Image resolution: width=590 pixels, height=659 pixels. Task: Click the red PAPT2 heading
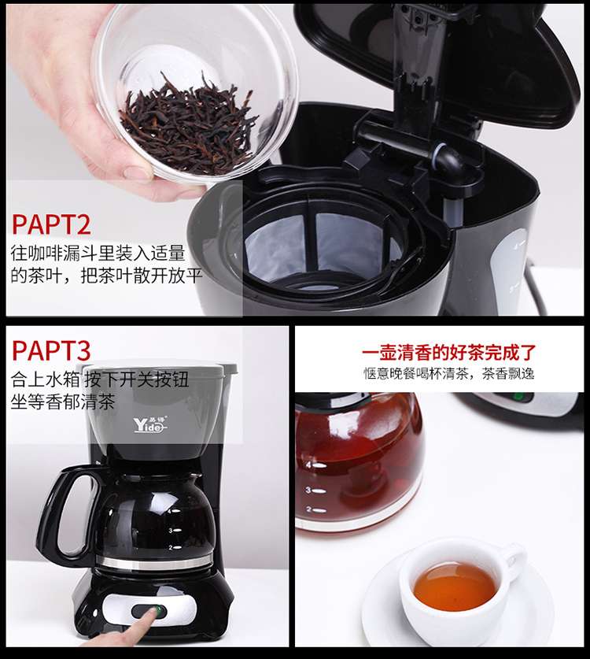51,224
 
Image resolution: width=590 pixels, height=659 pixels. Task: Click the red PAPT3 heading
51,350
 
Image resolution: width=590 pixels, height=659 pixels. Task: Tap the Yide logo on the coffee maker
150,424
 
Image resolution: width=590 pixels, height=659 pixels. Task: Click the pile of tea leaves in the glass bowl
187,121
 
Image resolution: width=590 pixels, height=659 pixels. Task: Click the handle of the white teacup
516,557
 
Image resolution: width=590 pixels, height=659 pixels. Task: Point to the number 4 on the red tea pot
308,465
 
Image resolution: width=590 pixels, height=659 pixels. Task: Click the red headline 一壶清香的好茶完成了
449,352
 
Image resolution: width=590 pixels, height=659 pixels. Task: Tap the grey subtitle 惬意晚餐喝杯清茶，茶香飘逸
449,373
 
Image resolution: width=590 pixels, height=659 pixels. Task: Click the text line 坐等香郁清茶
63,402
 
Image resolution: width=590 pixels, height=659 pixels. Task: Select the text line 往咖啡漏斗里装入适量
98,254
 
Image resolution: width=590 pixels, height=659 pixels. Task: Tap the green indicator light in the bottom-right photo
518,396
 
